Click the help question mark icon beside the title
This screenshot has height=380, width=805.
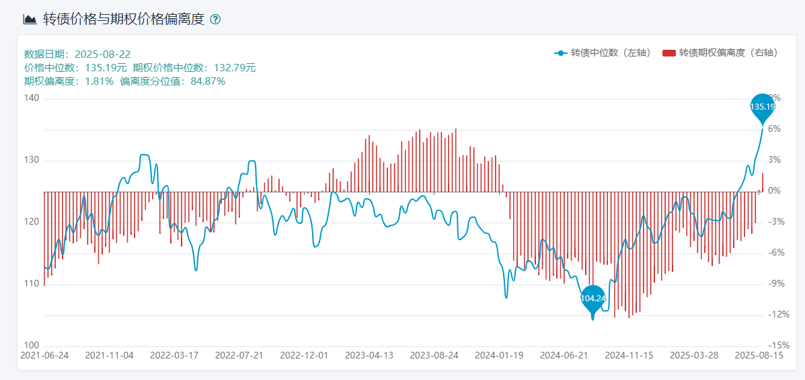[215, 20]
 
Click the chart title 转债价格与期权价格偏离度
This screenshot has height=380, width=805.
[123, 20]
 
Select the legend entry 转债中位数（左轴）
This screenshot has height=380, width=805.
[602, 52]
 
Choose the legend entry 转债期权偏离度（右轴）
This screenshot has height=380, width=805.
[720, 52]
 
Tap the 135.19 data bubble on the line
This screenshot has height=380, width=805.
[762, 106]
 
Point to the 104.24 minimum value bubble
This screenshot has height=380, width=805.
[592, 298]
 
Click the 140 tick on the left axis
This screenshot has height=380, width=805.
[32, 98]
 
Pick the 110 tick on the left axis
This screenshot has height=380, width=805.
[32, 284]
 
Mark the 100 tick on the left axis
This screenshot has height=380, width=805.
[32, 346]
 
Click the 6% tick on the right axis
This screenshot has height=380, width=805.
[774, 129]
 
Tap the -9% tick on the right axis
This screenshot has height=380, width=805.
[774, 284]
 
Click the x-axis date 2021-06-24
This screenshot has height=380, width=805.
[44, 355]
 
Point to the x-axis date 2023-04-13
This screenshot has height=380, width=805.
[369, 355]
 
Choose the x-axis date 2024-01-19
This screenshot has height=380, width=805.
[499, 355]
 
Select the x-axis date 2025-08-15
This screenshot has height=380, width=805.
[759, 355]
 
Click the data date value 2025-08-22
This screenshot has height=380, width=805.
[102, 54]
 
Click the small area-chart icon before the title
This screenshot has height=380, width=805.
[30, 20]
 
